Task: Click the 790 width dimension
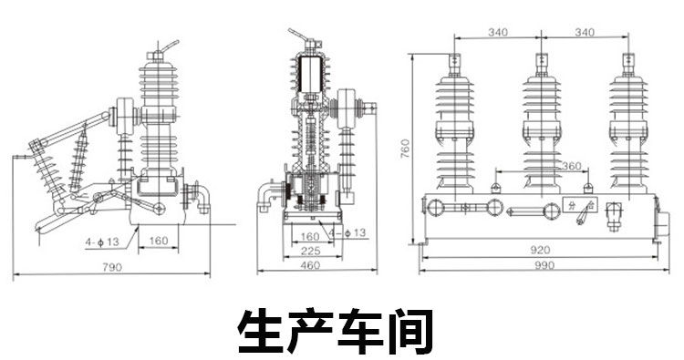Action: coord(112,267)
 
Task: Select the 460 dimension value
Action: coord(310,265)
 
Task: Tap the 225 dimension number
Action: coord(311,251)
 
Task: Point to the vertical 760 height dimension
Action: coord(405,149)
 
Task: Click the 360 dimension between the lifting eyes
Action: coord(571,166)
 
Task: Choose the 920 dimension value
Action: coord(540,250)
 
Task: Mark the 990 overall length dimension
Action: coord(544,265)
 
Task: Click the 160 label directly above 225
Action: coord(310,237)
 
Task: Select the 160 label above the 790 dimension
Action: coord(159,241)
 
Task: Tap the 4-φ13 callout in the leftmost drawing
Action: coord(102,242)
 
